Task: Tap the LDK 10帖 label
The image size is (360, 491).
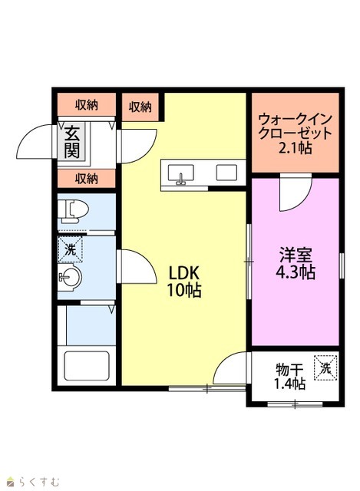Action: click(184, 282)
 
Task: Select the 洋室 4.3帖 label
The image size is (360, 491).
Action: click(296, 264)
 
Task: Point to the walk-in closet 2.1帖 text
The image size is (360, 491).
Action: click(296, 133)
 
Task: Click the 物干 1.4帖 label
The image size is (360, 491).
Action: click(290, 377)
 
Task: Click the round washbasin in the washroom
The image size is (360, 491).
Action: click(70, 277)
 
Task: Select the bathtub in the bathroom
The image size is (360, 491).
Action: click(87, 366)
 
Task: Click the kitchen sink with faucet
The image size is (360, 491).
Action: click(181, 173)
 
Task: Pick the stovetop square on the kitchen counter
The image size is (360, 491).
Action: click(226, 173)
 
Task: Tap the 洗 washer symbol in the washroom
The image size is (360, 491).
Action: click(70, 249)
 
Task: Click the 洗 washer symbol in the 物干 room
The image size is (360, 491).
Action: click(325, 368)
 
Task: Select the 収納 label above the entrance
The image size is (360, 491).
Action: click(87, 105)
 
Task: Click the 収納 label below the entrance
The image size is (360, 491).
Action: click(87, 179)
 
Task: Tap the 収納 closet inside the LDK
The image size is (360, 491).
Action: click(140, 107)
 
